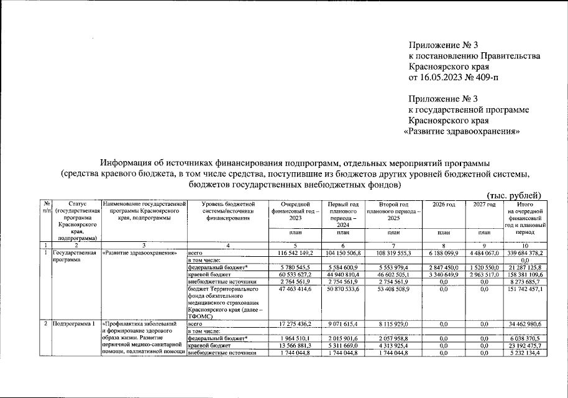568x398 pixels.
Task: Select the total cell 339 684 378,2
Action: click(525, 253)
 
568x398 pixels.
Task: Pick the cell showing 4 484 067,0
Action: click(486, 253)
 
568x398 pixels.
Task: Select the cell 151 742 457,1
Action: click(525, 289)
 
